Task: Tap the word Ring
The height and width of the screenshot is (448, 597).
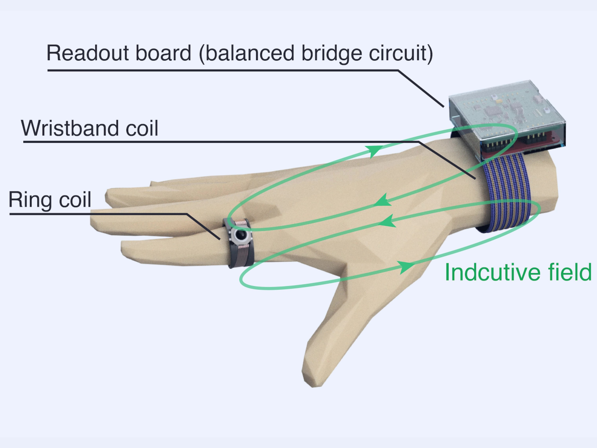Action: (x=30, y=200)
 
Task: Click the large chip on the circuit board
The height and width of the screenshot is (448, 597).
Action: (x=493, y=111)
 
